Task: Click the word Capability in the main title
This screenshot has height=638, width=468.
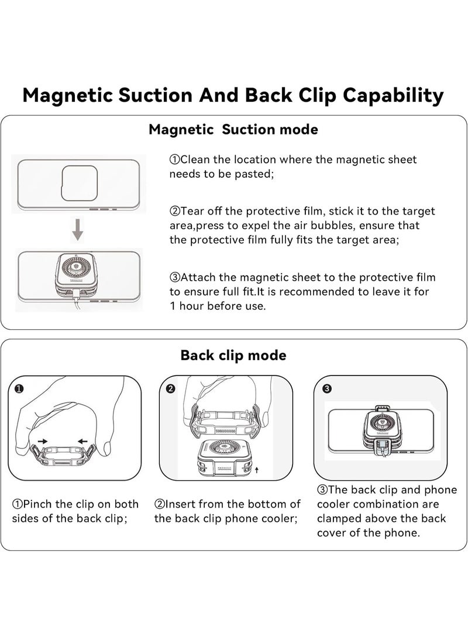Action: pyautogui.click(x=393, y=96)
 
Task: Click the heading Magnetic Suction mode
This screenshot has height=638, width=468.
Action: pyautogui.click(x=233, y=129)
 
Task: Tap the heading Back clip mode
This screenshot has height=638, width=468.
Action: pyautogui.click(x=233, y=355)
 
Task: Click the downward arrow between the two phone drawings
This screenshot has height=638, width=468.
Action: pyautogui.click(x=77, y=229)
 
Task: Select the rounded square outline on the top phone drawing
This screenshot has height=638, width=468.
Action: pyautogui.click(x=80, y=183)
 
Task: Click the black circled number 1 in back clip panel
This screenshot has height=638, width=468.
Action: pyautogui.click(x=19, y=388)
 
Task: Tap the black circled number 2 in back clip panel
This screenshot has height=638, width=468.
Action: pyautogui.click(x=171, y=388)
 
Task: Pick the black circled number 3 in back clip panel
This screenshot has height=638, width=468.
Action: pyautogui.click(x=326, y=388)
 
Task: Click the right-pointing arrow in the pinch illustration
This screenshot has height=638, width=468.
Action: pyautogui.click(x=42, y=441)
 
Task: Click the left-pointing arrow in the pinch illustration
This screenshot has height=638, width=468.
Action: pyautogui.click(x=82, y=441)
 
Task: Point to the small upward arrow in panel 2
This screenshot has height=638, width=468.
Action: pyautogui.click(x=257, y=470)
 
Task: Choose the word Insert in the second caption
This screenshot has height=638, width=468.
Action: pyautogui.click(x=180, y=504)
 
